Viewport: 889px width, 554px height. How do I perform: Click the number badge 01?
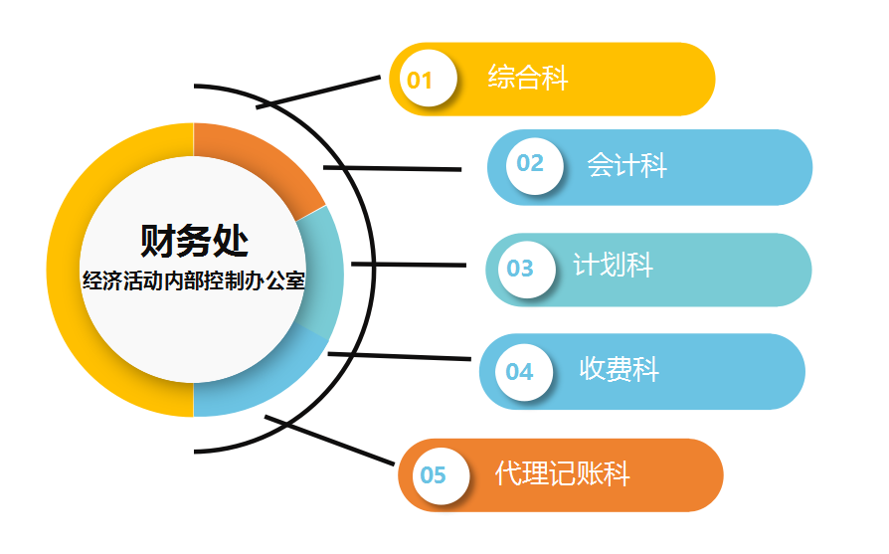tap(428, 79)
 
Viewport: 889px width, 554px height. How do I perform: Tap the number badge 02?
tap(535, 166)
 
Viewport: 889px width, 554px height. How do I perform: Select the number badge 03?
tap(527, 270)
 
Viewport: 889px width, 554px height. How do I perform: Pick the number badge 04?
tap(524, 373)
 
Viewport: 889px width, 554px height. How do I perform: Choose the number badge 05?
tap(441, 475)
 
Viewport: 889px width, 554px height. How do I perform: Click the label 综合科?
tap(528, 78)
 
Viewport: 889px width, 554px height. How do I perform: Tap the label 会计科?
tap(626, 165)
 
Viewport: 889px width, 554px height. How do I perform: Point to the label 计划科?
tap(613, 265)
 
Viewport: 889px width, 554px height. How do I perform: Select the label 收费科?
tap(620, 369)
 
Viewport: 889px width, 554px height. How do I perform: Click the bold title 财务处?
tap(194, 241)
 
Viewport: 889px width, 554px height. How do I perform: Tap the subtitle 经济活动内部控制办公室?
tap(194, 280)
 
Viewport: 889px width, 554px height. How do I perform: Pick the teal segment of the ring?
tap(321, 273)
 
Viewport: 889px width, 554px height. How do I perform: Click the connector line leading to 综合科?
tap(318, 92)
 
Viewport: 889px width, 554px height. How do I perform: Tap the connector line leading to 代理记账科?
tap(329, 441)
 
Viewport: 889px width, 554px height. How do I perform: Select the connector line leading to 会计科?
tap(393, 168)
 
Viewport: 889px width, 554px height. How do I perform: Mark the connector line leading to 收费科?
tap(399, 356)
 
